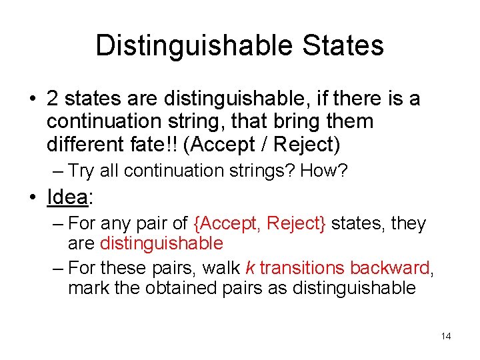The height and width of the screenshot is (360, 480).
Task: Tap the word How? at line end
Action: (x=324, y=171)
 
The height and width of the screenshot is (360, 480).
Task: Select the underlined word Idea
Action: (x=68, y=197)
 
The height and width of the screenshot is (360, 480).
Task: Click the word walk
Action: (x=222, y=268)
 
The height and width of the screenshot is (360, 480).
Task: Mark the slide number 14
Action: (x=446, y=336)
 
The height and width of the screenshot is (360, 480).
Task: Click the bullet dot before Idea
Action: (x=33, y=198)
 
